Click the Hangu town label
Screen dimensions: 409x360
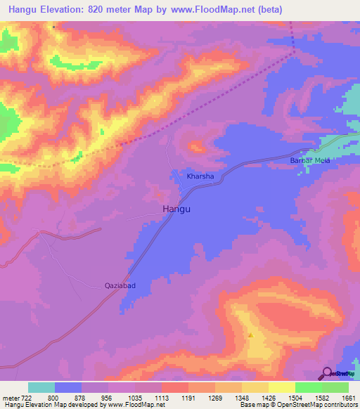176,209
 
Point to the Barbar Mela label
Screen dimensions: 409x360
310,160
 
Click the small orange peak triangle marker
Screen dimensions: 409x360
250,335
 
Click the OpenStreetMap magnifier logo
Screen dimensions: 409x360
327,372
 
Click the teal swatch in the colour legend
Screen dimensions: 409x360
41,387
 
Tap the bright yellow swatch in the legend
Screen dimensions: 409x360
282,387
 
